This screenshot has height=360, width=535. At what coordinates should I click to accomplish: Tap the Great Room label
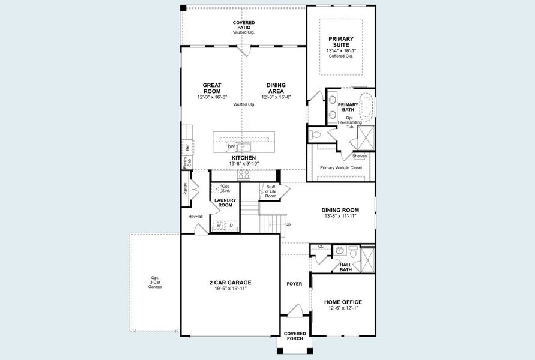[212, 88]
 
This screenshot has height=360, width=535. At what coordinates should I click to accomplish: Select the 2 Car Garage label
[231, 283]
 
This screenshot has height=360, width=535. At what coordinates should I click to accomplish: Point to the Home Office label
[343, 302]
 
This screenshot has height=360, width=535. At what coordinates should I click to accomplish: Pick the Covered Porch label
[295, 336]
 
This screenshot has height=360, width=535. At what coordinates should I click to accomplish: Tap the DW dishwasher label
[231, 147]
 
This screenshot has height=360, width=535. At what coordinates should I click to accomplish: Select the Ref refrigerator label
[187, 147]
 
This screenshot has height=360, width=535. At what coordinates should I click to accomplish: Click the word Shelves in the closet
[360, 156]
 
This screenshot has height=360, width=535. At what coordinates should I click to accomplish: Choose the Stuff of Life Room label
[271, 191]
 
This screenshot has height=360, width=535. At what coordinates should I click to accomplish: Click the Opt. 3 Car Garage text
[156, 282]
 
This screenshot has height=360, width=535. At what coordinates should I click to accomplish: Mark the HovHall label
[195, 216]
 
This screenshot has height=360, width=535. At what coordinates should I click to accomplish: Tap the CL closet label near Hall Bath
[321, 247]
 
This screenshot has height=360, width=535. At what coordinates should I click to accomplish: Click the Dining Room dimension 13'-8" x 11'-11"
[340, 216]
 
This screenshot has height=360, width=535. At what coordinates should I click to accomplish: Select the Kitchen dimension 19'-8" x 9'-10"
[244, 163]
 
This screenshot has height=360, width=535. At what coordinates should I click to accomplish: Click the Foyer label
[294, 284]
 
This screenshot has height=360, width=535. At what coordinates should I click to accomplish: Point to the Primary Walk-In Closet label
[341, 168]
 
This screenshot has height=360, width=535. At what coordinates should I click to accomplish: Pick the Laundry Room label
[225, 203]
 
